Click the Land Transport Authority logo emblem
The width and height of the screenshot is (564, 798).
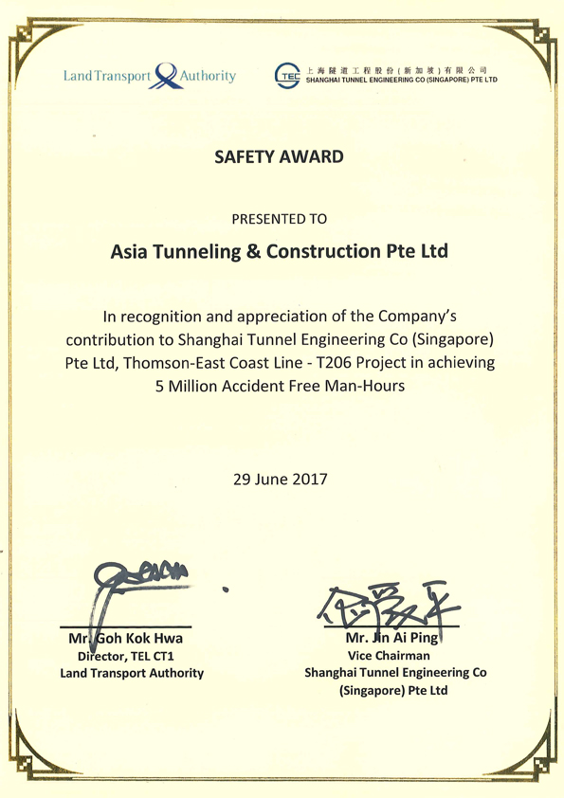[x=166, y=75]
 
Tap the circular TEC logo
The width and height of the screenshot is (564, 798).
[x=287, y=76]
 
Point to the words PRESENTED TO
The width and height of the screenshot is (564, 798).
[x=280, y=219]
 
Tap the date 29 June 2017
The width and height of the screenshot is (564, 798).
[x=280, y=480]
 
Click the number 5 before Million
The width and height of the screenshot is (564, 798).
[x=158, y=386]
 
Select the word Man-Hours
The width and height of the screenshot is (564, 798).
[x=366, y=386]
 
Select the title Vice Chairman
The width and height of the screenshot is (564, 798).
[x=389, y=656]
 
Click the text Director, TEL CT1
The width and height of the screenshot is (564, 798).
[x=130, y=656]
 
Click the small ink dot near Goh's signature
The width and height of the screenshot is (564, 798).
[x=225, y=589]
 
